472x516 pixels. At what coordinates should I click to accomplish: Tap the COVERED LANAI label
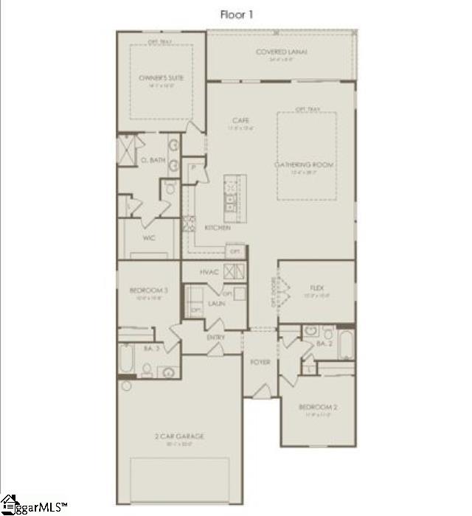pos(281,52)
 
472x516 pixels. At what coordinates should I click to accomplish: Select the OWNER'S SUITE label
pos(161,77)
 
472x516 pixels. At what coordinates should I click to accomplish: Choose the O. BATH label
pos(153,160)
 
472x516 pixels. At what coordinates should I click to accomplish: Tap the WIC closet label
pos(148,238)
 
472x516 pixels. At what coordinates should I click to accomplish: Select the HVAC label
pos(207,271)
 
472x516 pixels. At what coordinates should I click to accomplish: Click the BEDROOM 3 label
pos(153,290)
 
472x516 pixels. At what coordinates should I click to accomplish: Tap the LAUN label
pos(216,303)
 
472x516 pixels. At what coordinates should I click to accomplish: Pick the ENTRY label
pos(216,337)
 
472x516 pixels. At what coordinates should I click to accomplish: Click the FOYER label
pos(260,362)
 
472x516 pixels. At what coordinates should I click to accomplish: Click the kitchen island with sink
pos(232,198)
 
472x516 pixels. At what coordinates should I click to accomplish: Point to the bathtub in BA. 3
pos(128,360)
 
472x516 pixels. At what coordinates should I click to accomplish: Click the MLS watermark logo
pos(34,507)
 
